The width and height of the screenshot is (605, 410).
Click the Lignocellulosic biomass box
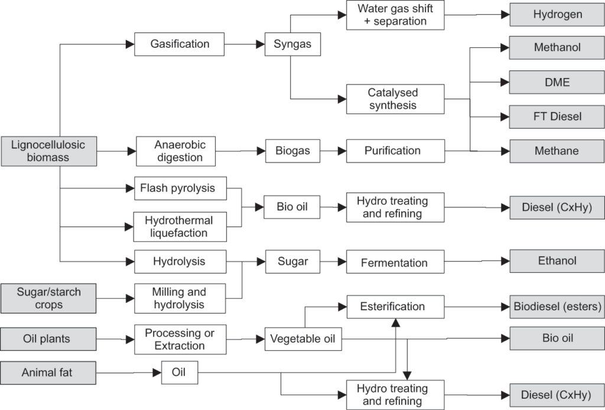49,151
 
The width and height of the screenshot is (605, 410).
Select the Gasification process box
180,44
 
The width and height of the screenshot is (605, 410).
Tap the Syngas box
292,44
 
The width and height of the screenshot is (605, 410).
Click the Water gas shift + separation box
395,15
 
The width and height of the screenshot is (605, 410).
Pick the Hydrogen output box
557,15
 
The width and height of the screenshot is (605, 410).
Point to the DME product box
557,82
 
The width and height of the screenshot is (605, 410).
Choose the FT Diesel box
557,116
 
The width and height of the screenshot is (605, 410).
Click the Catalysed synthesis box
395,99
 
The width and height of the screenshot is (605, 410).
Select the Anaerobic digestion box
176,151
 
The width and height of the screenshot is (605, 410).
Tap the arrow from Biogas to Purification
333,151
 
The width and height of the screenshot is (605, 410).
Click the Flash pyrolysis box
181,188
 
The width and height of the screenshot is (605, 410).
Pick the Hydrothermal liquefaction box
180,227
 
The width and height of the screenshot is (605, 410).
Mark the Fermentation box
395,262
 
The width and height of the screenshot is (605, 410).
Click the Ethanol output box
557,261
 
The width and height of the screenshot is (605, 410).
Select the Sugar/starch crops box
48,298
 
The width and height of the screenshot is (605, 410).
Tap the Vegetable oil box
303,339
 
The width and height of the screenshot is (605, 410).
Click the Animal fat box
48,373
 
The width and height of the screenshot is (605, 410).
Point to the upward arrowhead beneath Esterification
395,323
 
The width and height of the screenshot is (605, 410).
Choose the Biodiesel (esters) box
557,307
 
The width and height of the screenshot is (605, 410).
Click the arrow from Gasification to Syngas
245,44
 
